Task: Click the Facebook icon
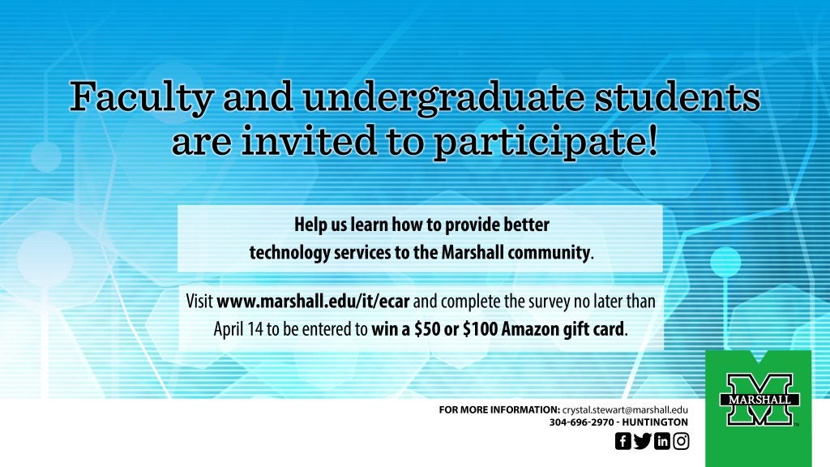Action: coord(623,440)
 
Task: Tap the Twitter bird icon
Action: coord(643,440)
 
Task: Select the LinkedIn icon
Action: coord(662,440)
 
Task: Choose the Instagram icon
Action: coord(681,440)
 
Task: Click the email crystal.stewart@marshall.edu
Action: coord(625,409)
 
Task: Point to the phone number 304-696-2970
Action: coord(582,422)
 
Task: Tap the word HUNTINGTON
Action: coord(655,422)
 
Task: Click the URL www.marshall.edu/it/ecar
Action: coord(313,302)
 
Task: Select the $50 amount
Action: coord(427,329)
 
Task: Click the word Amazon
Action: coord(530,329)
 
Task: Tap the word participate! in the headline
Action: coord(545,142)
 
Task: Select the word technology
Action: coord(290,253)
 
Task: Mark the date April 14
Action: coord(238,329)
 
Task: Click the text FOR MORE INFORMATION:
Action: coord(499,409)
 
